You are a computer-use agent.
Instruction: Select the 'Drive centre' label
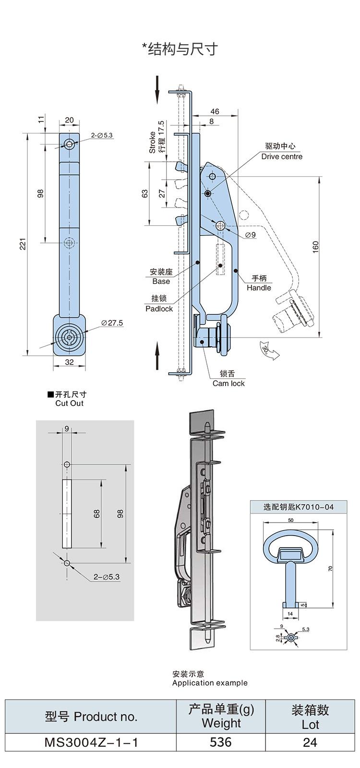282,156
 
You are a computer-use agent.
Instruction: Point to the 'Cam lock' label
228,383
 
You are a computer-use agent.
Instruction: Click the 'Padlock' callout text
159,308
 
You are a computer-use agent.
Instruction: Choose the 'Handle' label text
259,287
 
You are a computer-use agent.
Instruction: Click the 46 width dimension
215,111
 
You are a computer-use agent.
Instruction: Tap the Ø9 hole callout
250,234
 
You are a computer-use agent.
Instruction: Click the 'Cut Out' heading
69,403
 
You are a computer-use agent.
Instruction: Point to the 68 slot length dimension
97,513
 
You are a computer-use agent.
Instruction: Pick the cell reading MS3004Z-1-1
91,742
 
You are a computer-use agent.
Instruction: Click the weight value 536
221,742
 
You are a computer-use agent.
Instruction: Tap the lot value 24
310,742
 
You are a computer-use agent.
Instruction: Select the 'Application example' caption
210,683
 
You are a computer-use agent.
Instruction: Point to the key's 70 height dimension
330,568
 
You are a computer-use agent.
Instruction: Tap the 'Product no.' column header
91,717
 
